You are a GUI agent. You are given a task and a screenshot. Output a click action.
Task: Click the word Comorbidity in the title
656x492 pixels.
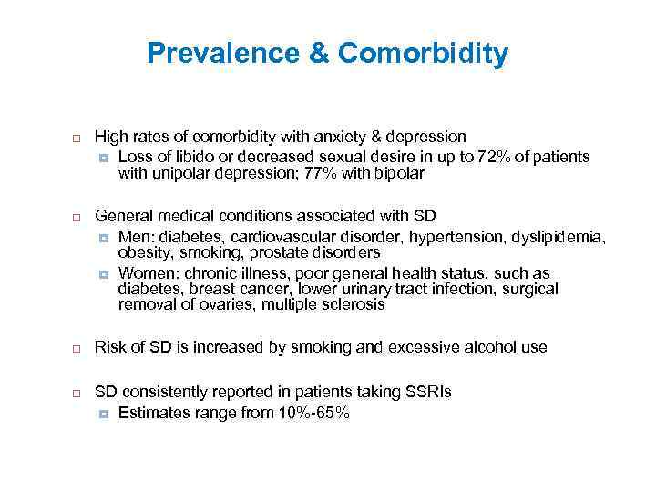[x=423, y=54]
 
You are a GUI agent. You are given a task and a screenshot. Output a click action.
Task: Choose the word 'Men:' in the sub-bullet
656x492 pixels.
[x=138, y=236]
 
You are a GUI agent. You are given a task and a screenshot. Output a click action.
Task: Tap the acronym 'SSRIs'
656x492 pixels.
[x=427, y=392]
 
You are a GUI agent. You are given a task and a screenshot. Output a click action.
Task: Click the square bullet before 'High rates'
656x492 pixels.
[x=77, y=138]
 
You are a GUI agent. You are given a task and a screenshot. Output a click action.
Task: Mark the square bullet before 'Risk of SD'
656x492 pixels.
[x=77, y=349]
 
